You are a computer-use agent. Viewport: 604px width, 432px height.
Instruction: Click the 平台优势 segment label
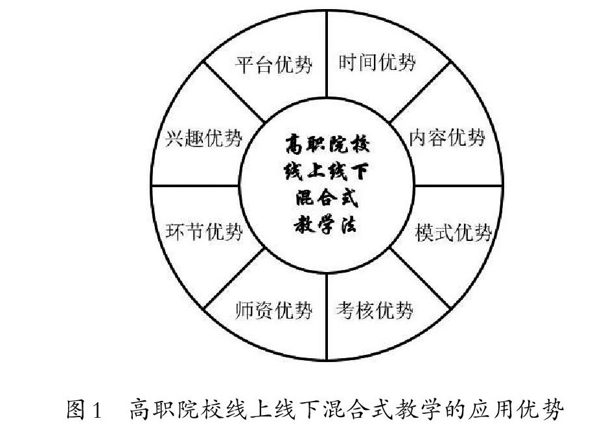click(273, 65)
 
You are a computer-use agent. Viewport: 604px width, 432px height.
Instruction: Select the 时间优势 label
click(377, 63)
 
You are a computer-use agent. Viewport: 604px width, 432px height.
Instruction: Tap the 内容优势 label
click(447, 137)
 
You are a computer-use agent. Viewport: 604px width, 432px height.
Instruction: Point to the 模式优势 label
click(453, 233)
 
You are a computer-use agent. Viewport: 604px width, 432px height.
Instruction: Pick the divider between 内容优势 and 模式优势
click(457, 186)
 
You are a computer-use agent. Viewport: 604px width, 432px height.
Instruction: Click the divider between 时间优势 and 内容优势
click(420, 90)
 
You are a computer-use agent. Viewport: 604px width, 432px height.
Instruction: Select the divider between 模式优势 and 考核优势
click(420, 279)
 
